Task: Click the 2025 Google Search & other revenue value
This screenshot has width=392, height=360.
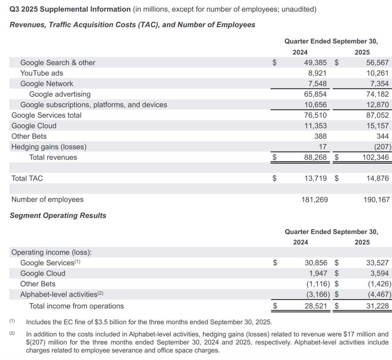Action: click(377, 63)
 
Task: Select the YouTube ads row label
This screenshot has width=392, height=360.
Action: click(42, 73)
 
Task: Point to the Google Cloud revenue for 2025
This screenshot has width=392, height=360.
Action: click(377, 126)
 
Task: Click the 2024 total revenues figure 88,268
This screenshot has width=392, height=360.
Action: click(315, 157)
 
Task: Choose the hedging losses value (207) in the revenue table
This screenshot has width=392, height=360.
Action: click(381, 147)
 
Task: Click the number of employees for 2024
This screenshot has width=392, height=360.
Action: click(314, 199)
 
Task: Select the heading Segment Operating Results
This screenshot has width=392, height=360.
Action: click(58, 215)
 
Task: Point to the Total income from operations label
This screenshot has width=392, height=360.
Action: click(76, 306)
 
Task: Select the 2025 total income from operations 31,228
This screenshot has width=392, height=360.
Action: click(377, 306)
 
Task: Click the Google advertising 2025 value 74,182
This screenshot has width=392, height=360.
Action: click(377, 94)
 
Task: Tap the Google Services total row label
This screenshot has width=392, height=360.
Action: click(46, 115)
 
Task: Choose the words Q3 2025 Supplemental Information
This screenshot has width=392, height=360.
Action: click(70, 9)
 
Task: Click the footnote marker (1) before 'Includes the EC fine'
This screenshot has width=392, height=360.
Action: click(12, 321)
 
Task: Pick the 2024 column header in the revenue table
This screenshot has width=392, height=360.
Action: click(300, 52)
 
